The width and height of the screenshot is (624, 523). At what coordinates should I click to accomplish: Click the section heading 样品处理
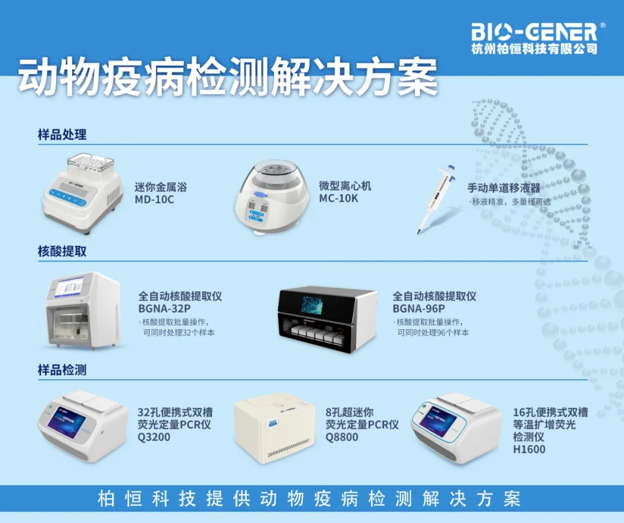click(x=62, y=135)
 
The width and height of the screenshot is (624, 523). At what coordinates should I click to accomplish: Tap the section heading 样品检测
click(x=62, y=370)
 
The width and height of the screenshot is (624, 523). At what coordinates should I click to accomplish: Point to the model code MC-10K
click(x=339, y=198)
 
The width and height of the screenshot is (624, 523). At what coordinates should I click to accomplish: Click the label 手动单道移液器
click(x=504, y=188)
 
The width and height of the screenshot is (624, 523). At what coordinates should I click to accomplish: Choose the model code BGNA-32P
click(x=164, y=308)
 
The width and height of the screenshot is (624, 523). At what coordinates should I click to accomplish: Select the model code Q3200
click(x=154, y=437)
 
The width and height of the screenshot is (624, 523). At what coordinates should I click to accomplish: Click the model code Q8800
click(x=341, y=437)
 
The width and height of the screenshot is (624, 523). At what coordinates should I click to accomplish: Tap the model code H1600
click(x=529, y=449)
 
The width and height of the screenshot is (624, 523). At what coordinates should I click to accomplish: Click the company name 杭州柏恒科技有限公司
click(x=534, y=49)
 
